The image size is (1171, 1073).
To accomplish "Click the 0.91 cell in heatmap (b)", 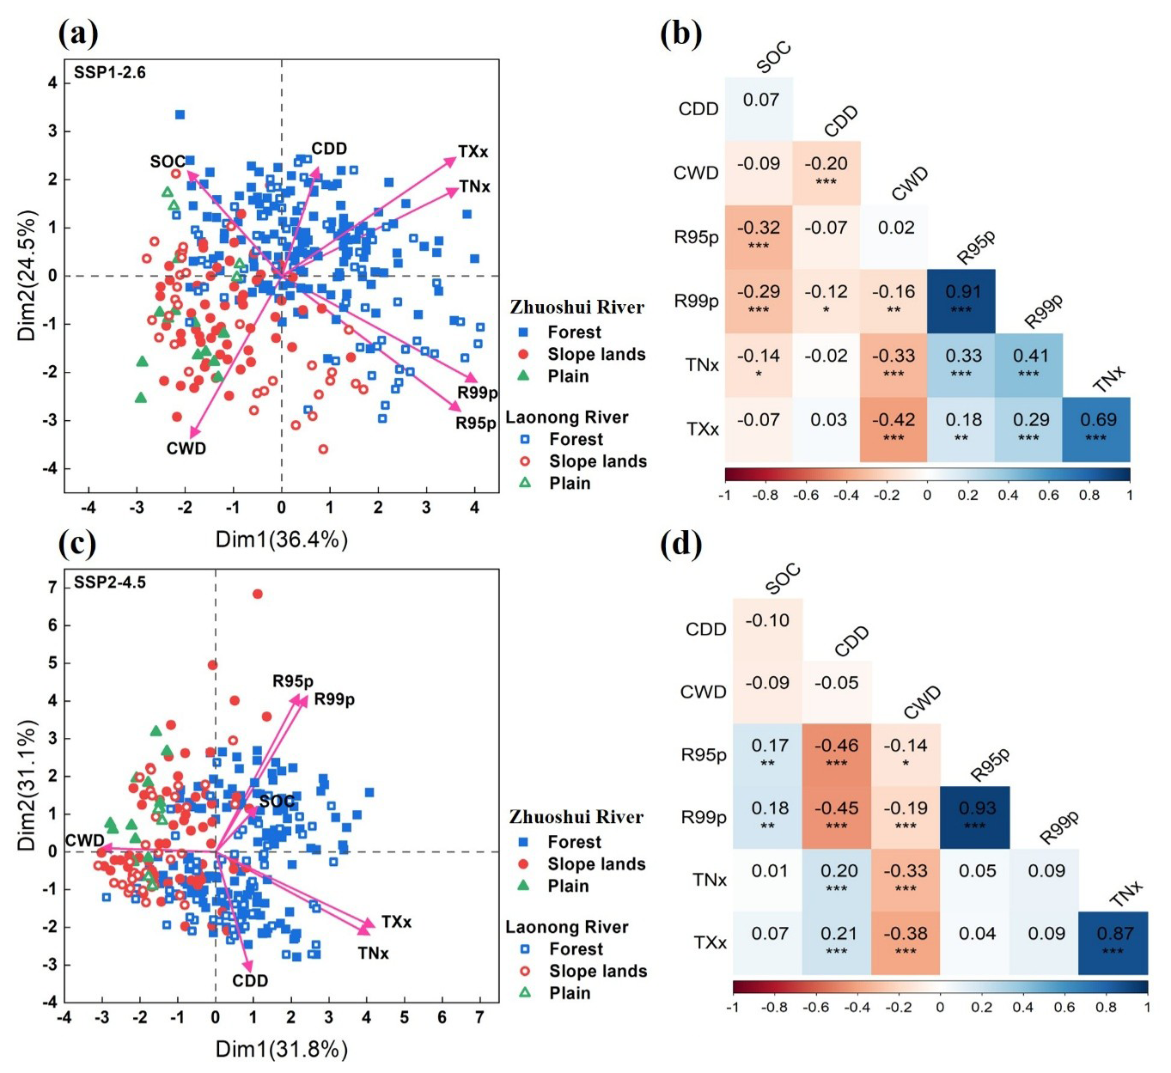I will click(961, 301).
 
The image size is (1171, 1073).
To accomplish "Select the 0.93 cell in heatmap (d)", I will click(975, 817).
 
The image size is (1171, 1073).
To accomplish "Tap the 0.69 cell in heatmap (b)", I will click(1096, 429).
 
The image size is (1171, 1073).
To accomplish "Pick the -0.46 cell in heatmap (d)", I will click(837, 754).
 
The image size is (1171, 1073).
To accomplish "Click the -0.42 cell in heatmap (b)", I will click(893, 429).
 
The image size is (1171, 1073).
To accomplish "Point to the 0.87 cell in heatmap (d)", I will click(1113, 942).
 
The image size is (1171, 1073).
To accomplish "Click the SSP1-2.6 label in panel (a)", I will click(109, 73).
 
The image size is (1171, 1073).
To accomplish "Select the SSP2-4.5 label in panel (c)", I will click(109, 582).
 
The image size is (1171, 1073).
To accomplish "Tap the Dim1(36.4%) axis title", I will click(281, 540).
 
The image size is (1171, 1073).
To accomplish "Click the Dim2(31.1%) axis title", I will click(27, 786).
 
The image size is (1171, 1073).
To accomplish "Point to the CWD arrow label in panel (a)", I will click(186, 448).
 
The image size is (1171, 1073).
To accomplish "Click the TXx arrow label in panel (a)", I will click(473, 152).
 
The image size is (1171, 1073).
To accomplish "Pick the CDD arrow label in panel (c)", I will click(250, 981).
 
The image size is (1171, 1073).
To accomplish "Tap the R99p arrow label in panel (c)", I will click(334, 699).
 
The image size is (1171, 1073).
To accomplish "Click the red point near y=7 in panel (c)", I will click(257, 594).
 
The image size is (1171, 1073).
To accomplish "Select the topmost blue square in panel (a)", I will click(180, 114).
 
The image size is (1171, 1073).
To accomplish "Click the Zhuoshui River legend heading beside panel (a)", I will click(576, 307).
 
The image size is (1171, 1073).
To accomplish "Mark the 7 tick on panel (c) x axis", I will click(480, 1017).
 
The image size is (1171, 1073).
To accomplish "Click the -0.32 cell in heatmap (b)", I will click(759, 236).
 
